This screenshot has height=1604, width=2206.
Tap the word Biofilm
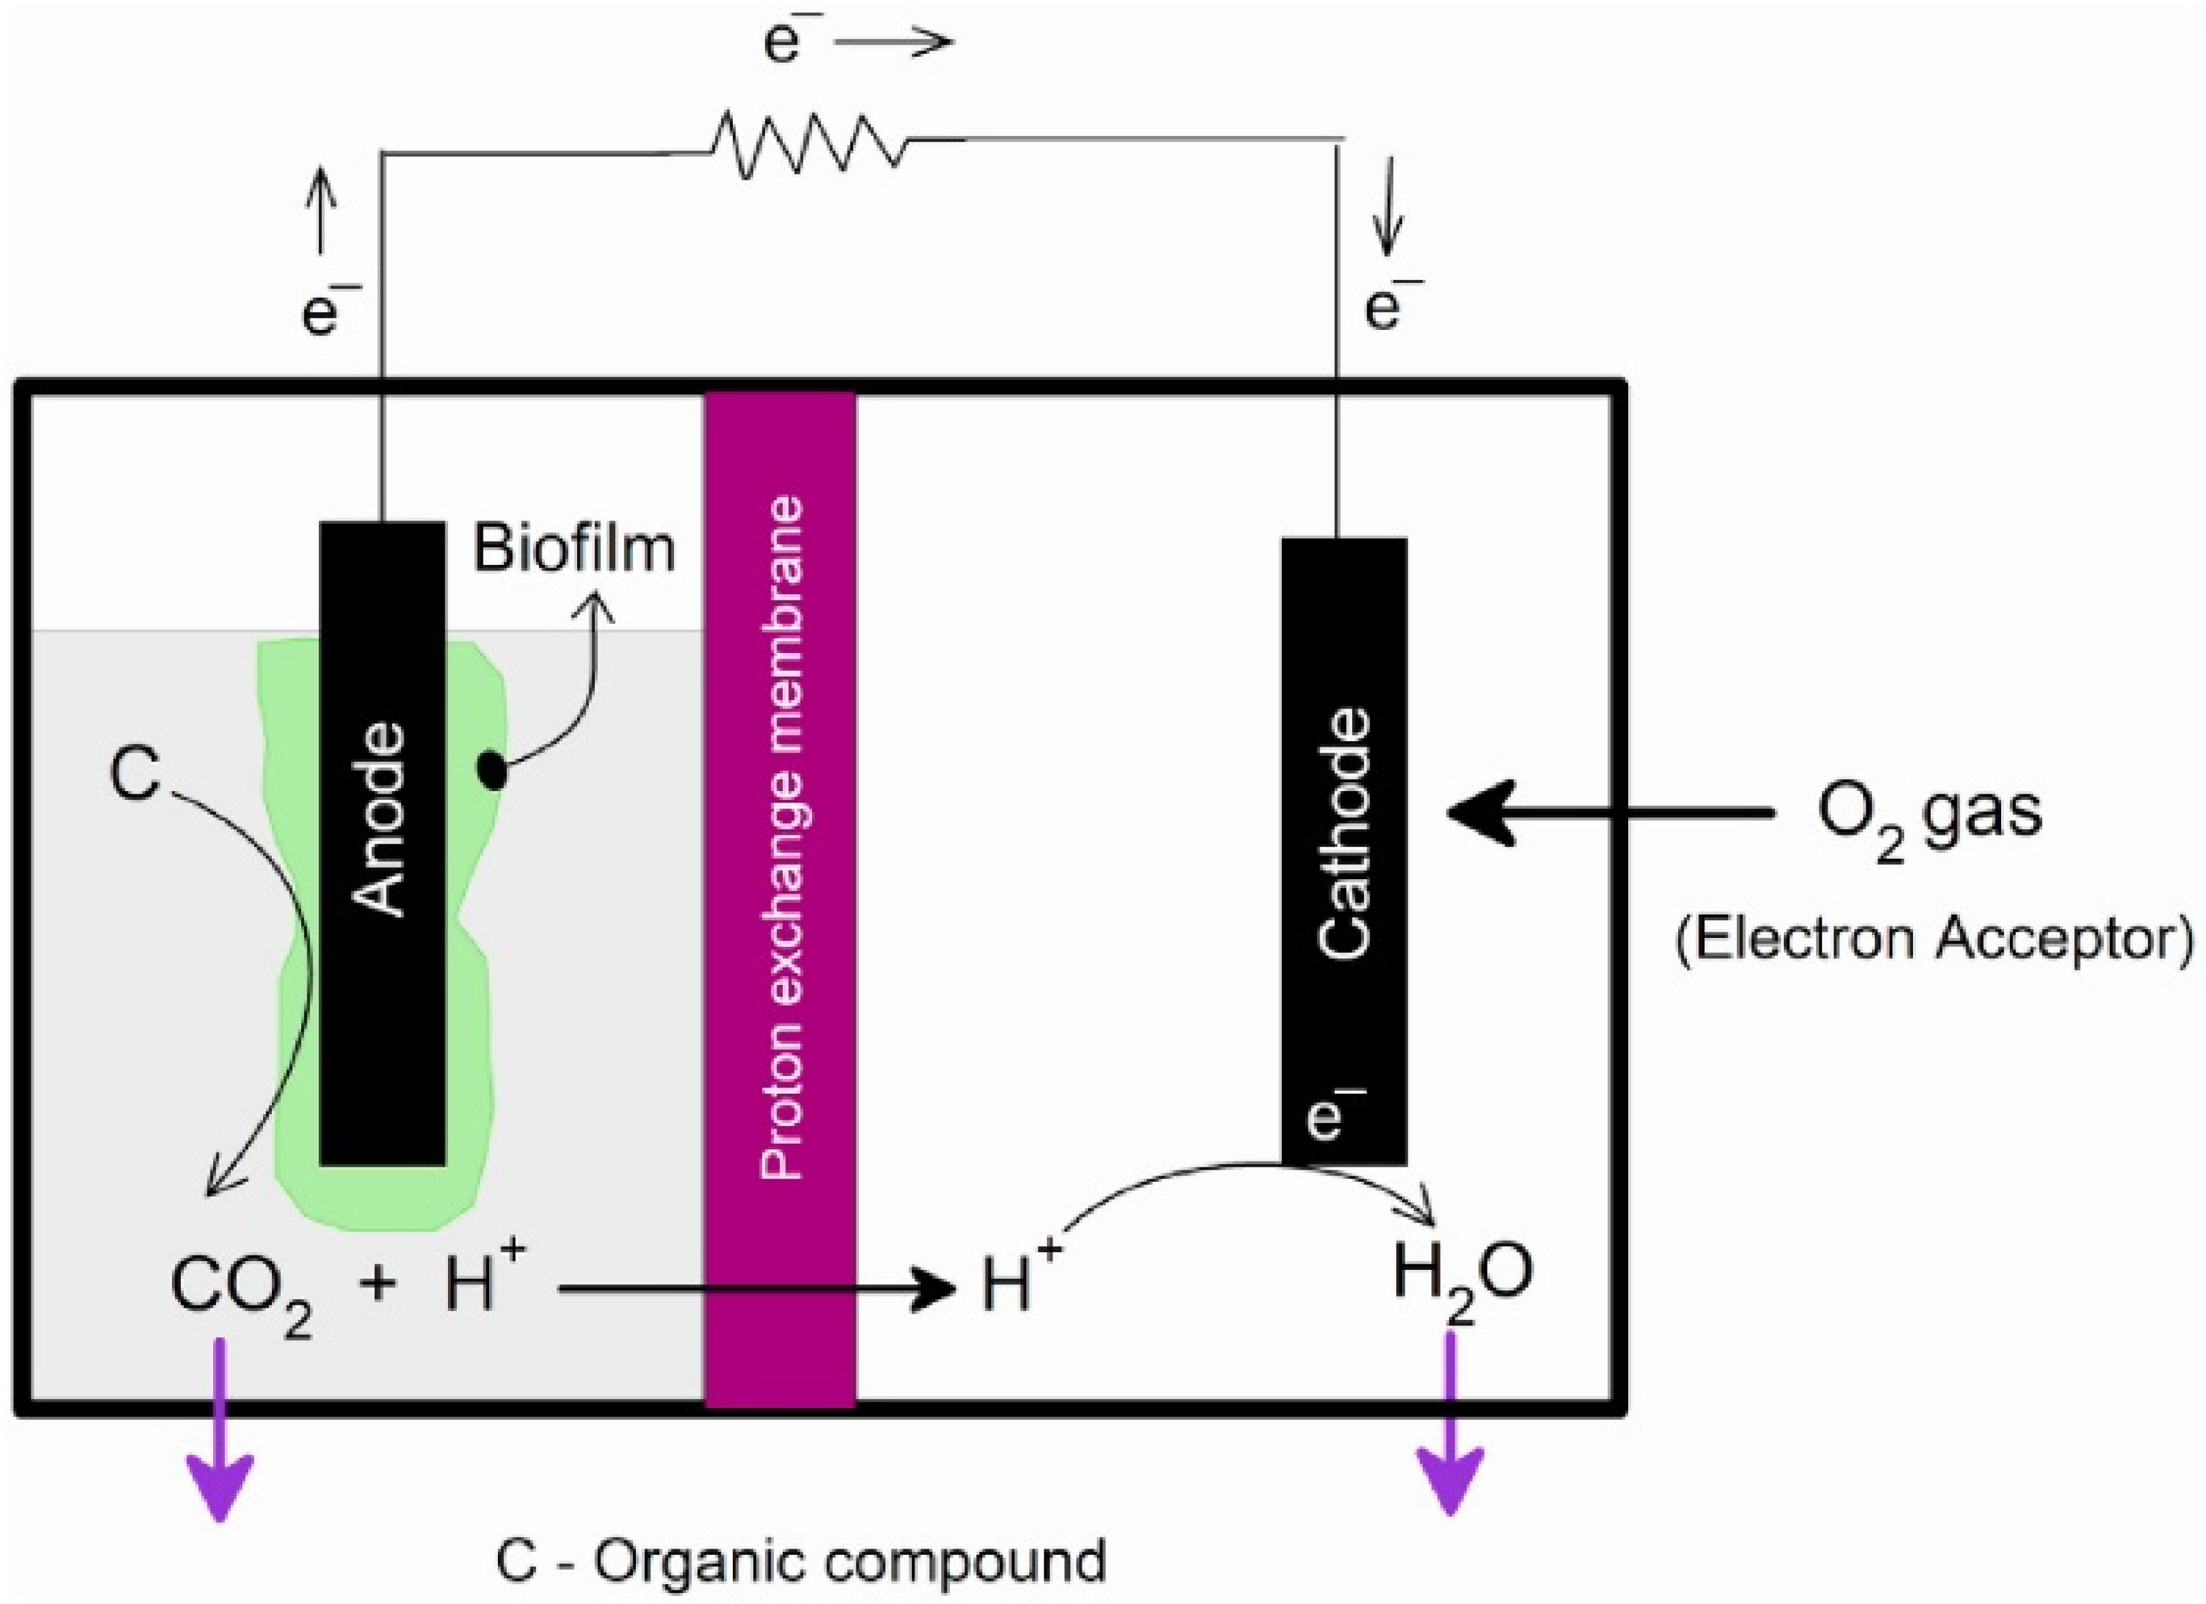click(574, 548)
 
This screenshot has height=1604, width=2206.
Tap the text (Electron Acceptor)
click(1931, 939)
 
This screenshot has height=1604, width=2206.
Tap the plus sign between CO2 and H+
click(378, 1284)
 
